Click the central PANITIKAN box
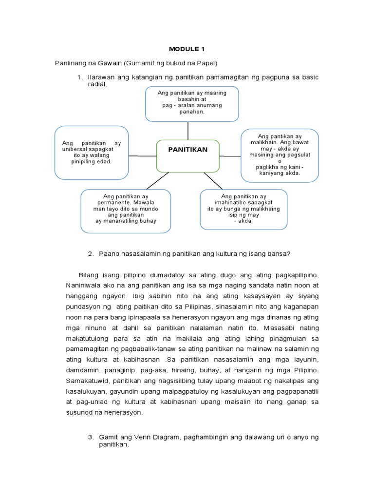(187, 155)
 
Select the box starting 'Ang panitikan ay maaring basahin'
(192, 103)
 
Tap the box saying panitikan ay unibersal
(92, 153)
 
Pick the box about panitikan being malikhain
(280, 155)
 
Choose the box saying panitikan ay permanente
(126, 210)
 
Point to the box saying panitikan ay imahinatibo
(243, 210)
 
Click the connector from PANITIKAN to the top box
(188, 130)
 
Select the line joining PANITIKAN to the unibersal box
(142, 155)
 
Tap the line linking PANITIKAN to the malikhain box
(230, 156)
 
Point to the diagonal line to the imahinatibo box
(213, 181)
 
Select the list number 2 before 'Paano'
(91, 253)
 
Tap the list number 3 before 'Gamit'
(91, 438)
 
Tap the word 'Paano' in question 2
(109, 253)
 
